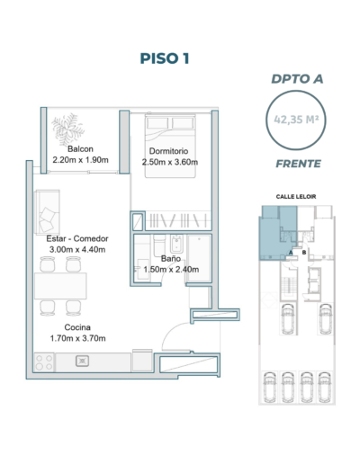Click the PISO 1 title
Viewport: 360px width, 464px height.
coord(165,58)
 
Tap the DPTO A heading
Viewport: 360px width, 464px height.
coord(297,79)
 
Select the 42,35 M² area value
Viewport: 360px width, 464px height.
coord(296,120)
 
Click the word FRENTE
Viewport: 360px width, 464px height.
coord(298,164)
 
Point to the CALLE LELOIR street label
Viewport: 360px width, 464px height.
coord(296,197)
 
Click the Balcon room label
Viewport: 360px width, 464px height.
coord(80,149)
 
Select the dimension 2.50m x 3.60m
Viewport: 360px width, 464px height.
coord(170,162)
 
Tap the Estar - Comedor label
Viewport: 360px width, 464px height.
coord(77,238)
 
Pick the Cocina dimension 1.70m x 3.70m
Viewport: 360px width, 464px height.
coord(77,338)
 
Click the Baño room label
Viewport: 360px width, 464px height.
coord(171,258)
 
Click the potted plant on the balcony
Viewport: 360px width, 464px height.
coord(67,129)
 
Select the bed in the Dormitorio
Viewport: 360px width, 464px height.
coord(170,146)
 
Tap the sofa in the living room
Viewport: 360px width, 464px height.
coord(47,212)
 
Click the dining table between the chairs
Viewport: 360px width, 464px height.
coord(60,286)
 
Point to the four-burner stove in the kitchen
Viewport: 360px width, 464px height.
coord(44,362)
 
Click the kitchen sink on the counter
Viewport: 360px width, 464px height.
coord(82,361)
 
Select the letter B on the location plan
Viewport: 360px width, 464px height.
coord(304,253)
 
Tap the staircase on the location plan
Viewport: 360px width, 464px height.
coord(288,285)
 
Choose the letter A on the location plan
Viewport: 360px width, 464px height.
coord(291,253)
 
